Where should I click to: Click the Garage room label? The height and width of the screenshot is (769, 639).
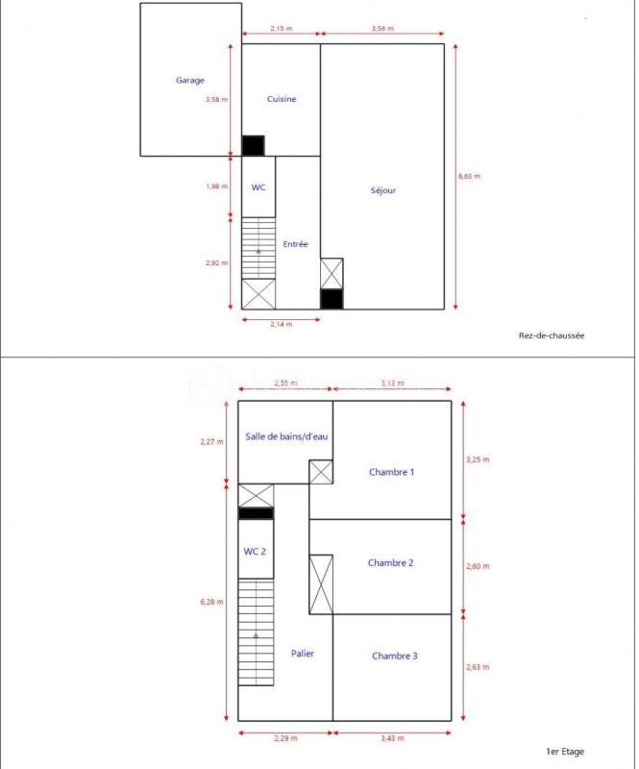pos(189,81)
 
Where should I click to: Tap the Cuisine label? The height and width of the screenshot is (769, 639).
pos(281,99)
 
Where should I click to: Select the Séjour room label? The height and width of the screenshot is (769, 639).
pos(382,190)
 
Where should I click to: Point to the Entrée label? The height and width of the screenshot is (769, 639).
pos(295,244)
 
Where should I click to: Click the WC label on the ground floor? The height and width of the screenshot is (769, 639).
pos(258,187)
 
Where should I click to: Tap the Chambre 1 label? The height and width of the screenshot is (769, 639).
pos(392,472)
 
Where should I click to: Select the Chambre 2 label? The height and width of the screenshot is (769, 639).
pos(391,562)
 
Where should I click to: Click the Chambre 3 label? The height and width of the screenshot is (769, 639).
pos(394,656)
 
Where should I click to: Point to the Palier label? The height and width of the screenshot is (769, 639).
pos(303,654)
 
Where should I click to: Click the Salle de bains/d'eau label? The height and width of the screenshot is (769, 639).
pos(286,436)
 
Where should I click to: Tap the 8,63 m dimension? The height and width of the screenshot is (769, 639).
pos(469,176)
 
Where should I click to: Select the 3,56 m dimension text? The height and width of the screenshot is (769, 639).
pos(382,29)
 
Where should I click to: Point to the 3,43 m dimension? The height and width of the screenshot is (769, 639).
pos(392,738)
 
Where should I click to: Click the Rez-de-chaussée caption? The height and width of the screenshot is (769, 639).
pos(551,335)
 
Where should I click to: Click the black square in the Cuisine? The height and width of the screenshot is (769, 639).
pos(253,145)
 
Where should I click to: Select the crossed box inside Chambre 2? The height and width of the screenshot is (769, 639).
pos(321,583)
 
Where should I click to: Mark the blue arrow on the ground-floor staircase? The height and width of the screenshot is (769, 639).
pos(258,251)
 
